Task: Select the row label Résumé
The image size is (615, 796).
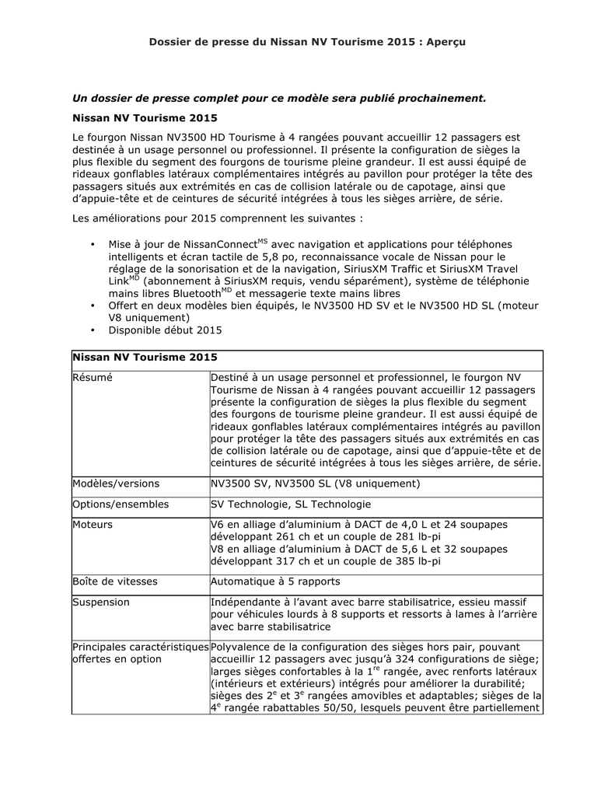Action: pos(92,377)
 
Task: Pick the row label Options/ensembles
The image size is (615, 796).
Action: pos(120,504)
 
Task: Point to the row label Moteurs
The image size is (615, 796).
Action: pos(92,525)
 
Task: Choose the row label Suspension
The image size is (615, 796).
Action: pos(100,602)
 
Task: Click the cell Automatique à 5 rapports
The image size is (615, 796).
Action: pos(275,581)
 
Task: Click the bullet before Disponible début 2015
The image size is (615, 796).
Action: pos(93,330)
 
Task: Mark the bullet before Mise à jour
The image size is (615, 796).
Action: pos(93,244)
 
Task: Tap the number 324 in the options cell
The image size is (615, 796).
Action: pos(384,659)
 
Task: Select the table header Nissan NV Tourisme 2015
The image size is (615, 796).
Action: pos(145,357)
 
